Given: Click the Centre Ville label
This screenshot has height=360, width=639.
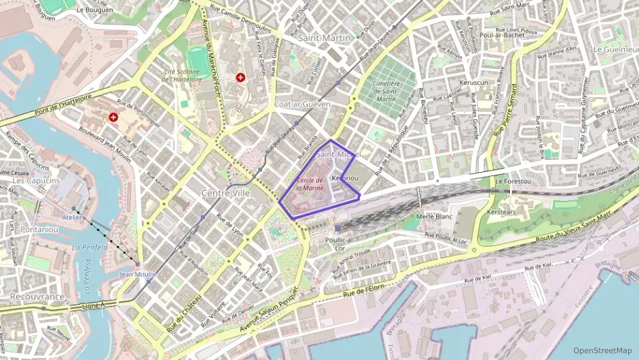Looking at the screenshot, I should [x=225, y=193].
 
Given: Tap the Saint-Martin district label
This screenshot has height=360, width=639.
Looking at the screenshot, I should [x=324, y=38].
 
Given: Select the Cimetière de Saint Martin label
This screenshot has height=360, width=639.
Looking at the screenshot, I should [x=386, y=91].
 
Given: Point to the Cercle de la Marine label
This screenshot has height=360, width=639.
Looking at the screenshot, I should [x=309, y=183].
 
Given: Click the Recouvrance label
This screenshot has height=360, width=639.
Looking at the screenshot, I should [x=37, y=297].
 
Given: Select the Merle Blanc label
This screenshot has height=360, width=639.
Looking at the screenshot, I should [x=434, y=217].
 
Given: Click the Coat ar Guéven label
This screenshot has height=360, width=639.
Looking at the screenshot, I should [x=302, y=104].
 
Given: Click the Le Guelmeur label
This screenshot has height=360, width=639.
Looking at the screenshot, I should [x=614, y=49].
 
